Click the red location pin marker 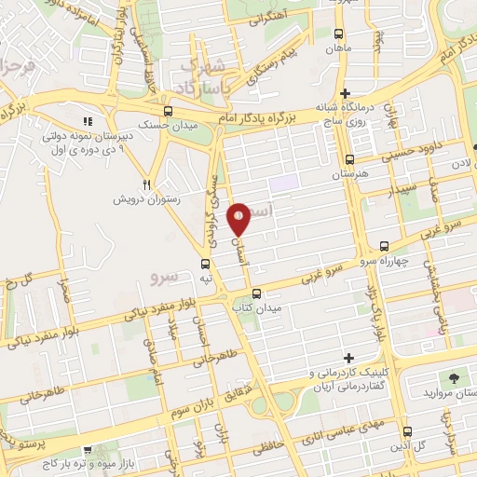point(239,219)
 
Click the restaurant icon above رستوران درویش point(147,184)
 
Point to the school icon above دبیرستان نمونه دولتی point(89,121)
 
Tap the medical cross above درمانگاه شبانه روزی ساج point(346,93)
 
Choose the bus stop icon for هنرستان point(349,159)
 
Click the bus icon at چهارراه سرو point(385,246)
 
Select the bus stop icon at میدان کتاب point(255,292)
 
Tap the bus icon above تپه point(207,264)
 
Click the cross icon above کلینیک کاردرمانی point(349,358)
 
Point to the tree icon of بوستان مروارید point(454,378)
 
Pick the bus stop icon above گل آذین point(407,431)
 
